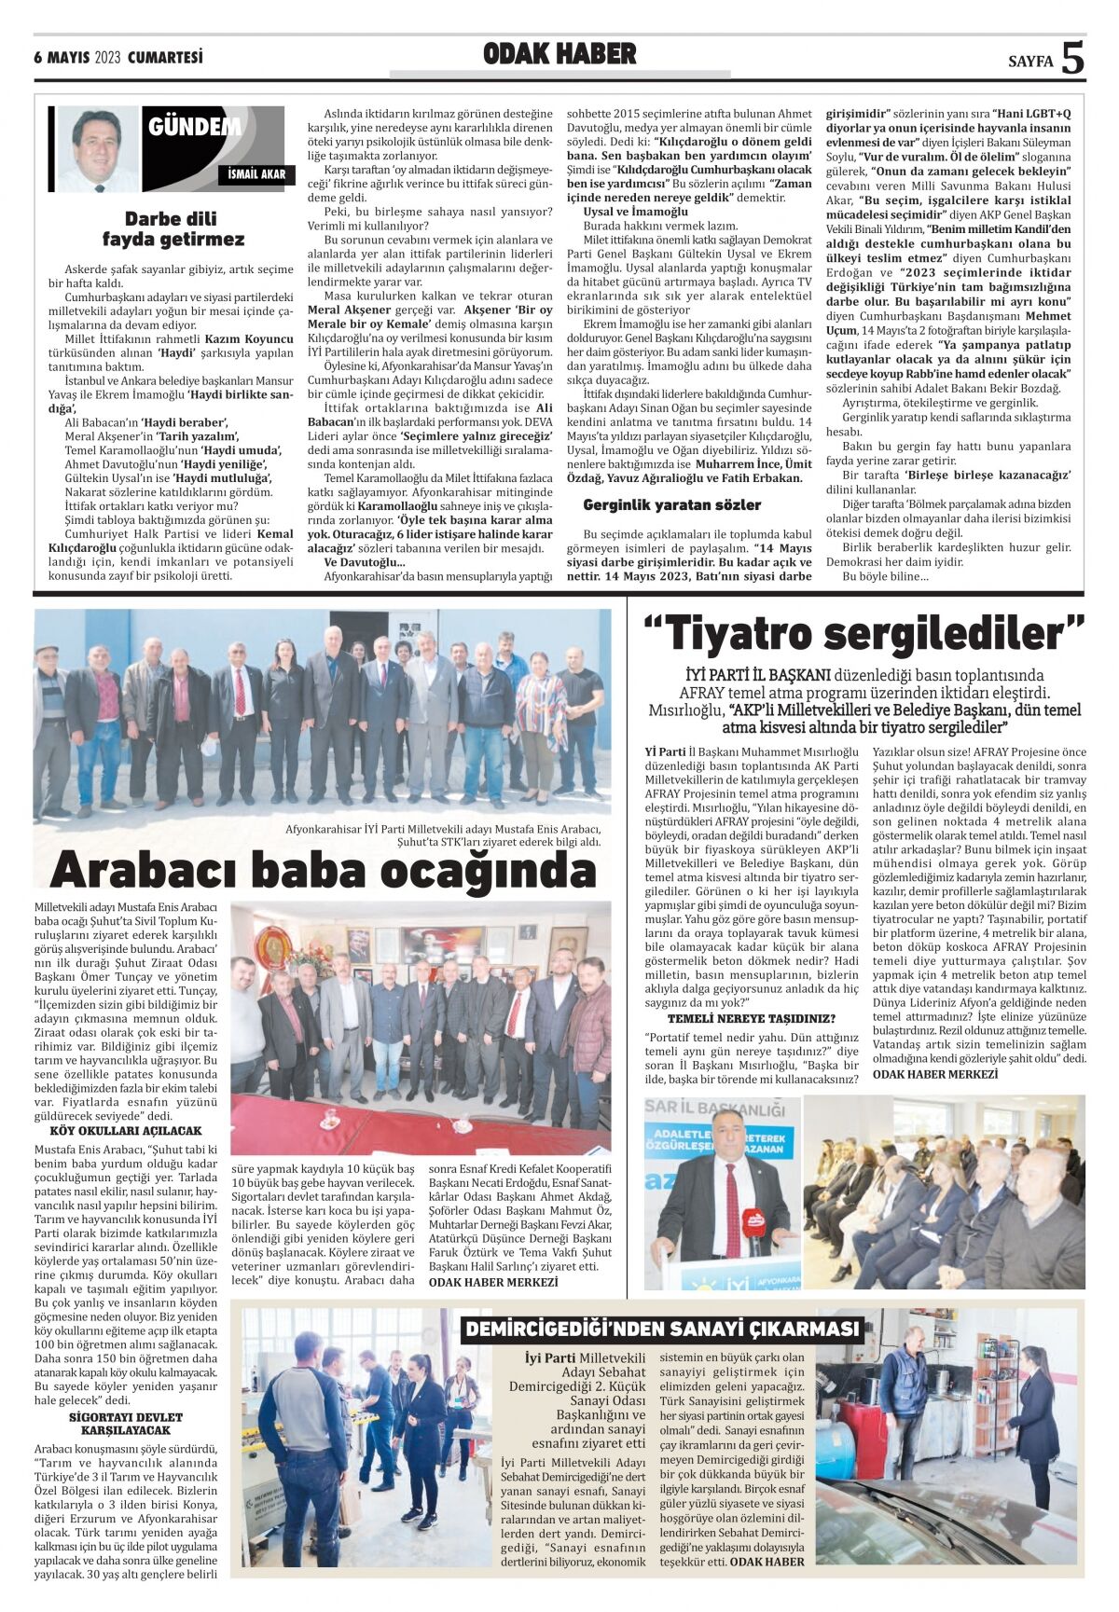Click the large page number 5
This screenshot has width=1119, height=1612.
pyautogui.click(x=1072, y=58)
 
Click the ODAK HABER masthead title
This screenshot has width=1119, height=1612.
pyautogui.click(x=559, y=55)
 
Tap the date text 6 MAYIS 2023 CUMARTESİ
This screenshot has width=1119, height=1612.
pyautogui.click(x=118, y=58)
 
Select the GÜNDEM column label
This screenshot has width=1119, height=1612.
pyautogui.click(x=194, y=127)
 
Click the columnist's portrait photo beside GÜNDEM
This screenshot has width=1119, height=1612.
pyautogui.click(x=97, y=148)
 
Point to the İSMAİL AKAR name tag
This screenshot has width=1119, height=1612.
pyautogui.click(x=256, y=174)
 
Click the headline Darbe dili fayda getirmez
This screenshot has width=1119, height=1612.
pyautogui.click(x=172, y=229)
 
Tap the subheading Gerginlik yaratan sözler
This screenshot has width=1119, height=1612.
pyautogui.click(x=671, y=504)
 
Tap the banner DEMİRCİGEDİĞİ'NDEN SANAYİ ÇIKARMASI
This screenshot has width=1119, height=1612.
pyautogui.click(x=662, y=1329)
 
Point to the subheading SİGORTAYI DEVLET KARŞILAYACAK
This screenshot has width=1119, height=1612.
pyautogui.click(x=126, y=1424)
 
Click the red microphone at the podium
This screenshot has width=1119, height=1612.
pyautogui.click(x=753, y=1220)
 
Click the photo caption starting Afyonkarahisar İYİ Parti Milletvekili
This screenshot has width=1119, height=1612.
pyautogui.click(x=443, y=834)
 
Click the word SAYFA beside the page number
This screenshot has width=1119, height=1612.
pyautogui.click(x=1030, y=62)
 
